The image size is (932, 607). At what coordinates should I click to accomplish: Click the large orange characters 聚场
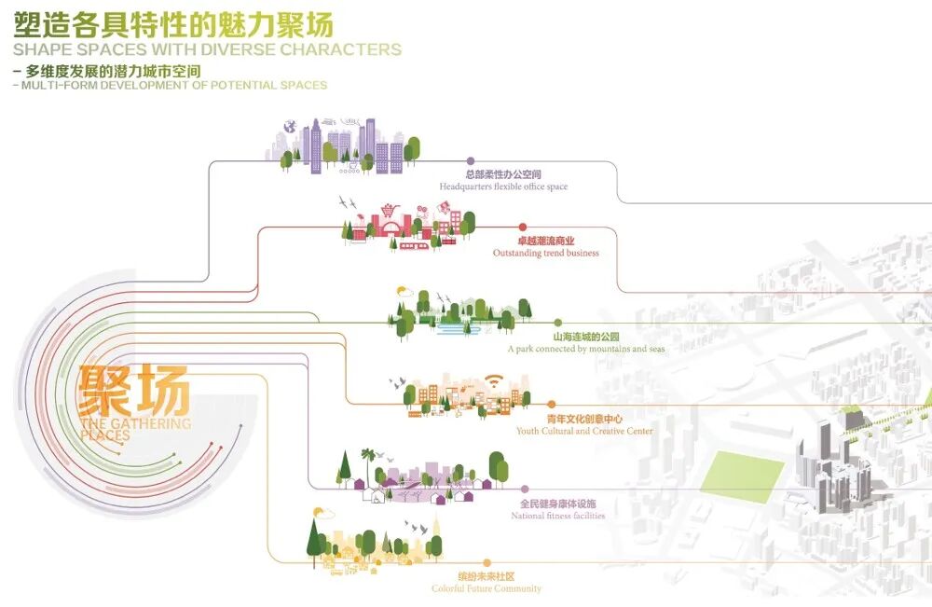(x=134, y=391)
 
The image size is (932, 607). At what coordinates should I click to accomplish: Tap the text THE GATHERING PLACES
(x=134, y=429)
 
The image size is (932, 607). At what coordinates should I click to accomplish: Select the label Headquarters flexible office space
(x=503, y=186)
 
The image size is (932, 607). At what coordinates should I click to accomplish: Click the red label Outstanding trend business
(x=545, y=253)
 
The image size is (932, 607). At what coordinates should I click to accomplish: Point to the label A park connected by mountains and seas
(x=586, y=349)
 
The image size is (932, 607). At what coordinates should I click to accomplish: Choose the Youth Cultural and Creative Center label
(x=584, y=431)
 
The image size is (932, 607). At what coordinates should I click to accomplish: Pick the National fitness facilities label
(x=557, y=516)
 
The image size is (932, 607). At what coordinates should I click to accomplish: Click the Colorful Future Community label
(x=486, y=588)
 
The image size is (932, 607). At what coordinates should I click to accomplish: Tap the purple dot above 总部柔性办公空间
(x=471, y=160)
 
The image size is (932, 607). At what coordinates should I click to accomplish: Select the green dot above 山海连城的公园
(x=558, y=323)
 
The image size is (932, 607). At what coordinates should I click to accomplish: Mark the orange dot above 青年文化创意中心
(x=551, y=405)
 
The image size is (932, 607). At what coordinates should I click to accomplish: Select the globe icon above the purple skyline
(x=290, y=127)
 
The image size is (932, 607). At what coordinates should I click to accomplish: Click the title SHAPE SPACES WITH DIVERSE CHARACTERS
(x=207, y=50)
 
